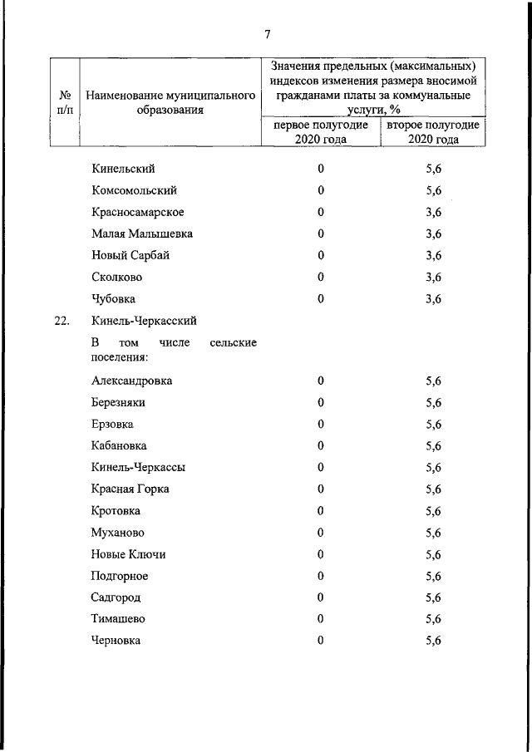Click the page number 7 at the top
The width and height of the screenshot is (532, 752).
click(267, 34)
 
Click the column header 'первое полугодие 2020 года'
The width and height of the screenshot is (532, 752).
click(320, 131)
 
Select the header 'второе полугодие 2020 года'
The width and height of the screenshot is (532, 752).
click(432, 131)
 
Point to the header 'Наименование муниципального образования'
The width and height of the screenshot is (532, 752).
click(170, 102)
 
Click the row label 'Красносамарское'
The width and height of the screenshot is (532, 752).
click(138, 212)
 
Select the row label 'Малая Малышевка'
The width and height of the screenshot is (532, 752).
click(137, 233)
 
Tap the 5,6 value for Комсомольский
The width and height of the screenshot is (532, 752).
click(432, 190)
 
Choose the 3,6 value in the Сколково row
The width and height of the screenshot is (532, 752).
click(432, 277)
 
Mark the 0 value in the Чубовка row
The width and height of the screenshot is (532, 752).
click(320, 298)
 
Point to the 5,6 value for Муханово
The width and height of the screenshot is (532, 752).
click(432, 533)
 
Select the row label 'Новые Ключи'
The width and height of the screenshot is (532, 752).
click(128, 554)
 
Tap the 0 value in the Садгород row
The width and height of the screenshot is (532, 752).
click(320, 597)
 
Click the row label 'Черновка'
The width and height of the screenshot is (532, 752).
click(116, 641)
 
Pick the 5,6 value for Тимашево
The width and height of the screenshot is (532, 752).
click(432, 619)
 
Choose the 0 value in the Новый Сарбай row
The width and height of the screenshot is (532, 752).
click(320, 255)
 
